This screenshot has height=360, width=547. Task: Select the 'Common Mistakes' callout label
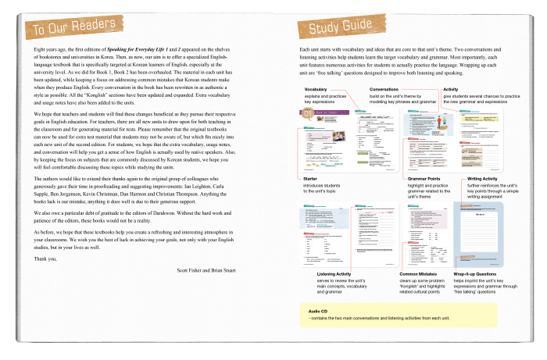coord(420,274)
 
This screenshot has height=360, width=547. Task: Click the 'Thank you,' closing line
coord(45,258)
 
